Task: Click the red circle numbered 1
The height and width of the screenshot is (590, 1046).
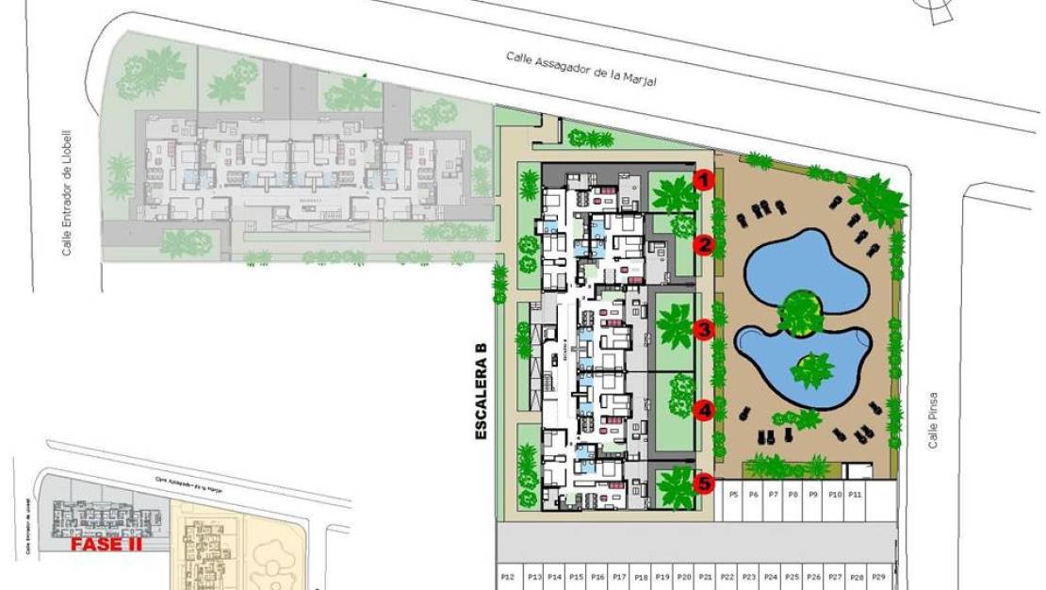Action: click(x=704, y=178)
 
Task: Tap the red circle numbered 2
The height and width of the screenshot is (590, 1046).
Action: click(x=704, y=246)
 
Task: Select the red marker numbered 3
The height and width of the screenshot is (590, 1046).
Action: click(x=704, y=329)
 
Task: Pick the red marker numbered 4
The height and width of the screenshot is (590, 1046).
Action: click(x=704, y=410)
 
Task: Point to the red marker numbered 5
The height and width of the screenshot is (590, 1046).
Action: click(x=704, y=483)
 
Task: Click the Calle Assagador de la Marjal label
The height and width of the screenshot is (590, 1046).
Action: click(x=580, y=70)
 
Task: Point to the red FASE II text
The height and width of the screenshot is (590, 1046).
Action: click(x=105, y=544)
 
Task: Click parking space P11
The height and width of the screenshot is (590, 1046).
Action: click(x=854, y=494)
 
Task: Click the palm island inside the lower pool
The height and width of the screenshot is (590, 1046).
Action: click(x=810, y=369)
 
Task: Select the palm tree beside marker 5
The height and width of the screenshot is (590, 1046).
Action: click(x=675, y=488)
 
